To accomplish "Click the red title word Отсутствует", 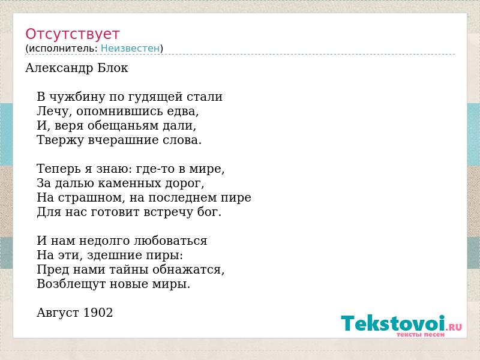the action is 72,34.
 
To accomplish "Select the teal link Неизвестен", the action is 130,48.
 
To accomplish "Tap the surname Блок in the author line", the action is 113,68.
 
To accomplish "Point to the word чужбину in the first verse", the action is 77,97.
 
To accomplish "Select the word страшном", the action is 89,198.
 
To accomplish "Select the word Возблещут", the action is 71,284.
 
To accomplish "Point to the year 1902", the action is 98,313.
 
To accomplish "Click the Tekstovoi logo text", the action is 393,323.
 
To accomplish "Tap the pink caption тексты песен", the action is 421,334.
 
